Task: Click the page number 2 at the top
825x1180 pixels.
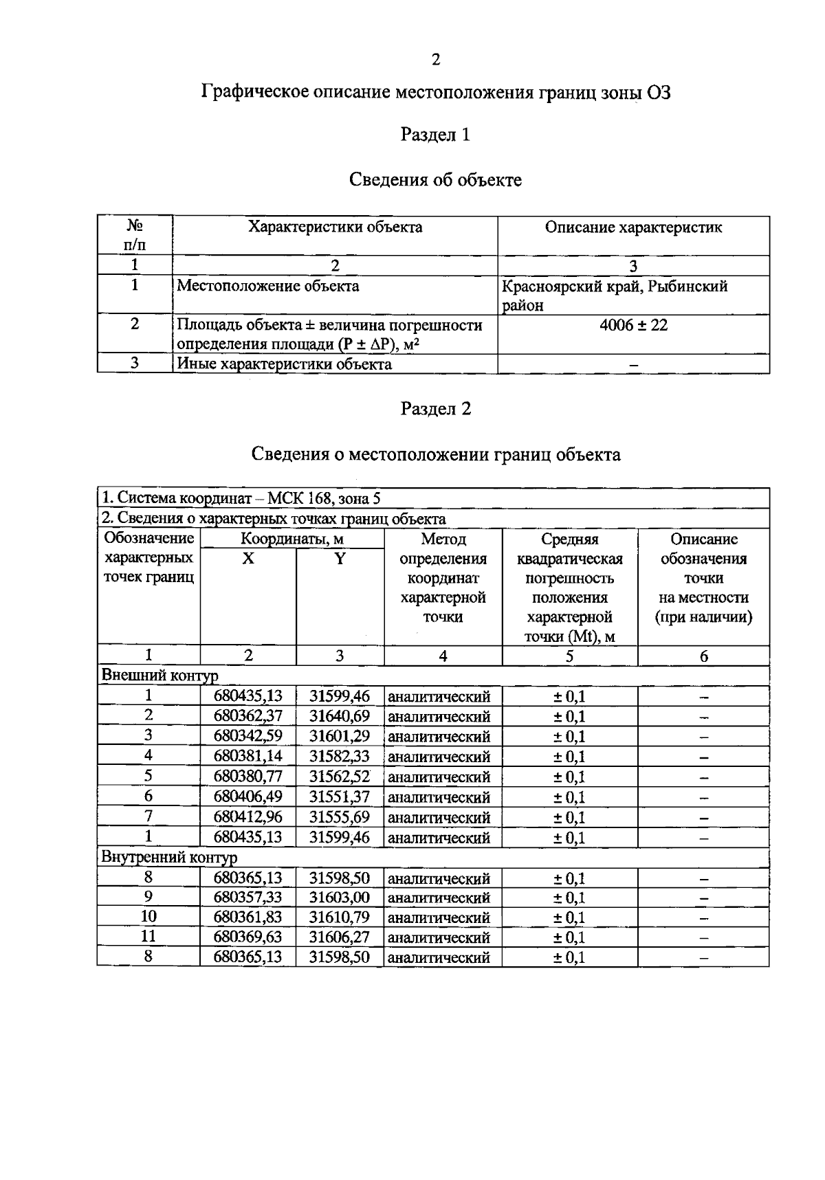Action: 435,60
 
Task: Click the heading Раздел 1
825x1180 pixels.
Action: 435,135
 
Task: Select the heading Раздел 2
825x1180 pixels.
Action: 436,409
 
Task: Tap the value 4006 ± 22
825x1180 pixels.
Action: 633,325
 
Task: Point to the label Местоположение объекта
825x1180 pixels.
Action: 267,286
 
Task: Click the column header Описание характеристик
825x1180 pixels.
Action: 633,227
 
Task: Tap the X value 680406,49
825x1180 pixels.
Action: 247,797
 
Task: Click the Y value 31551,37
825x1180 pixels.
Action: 340,797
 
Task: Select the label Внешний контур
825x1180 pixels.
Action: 159,676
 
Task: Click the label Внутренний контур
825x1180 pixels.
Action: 169,858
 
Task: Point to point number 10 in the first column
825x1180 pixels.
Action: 148,917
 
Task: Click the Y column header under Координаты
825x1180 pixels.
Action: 340,559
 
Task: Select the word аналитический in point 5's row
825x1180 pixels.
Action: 439,777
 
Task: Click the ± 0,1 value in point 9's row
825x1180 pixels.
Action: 569,898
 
